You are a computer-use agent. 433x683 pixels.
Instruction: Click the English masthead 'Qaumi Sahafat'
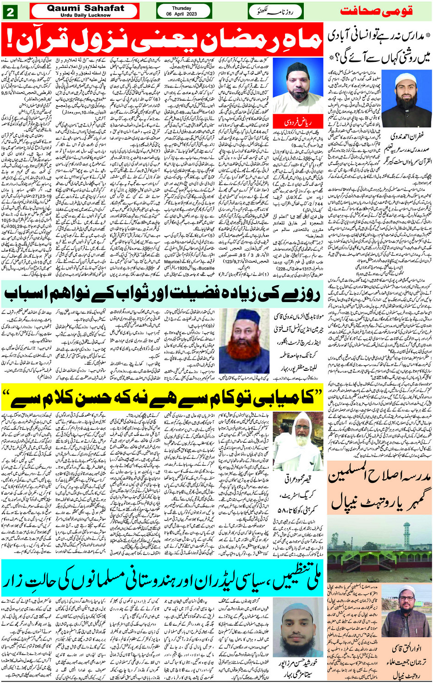[85, 8]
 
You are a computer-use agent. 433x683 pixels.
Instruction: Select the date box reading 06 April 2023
[181, 11]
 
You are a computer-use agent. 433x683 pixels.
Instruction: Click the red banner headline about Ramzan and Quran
[162, 39]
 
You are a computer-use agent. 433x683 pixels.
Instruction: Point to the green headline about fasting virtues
[162, 294]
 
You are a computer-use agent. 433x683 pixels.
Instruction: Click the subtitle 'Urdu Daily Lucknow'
[85, 15]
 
